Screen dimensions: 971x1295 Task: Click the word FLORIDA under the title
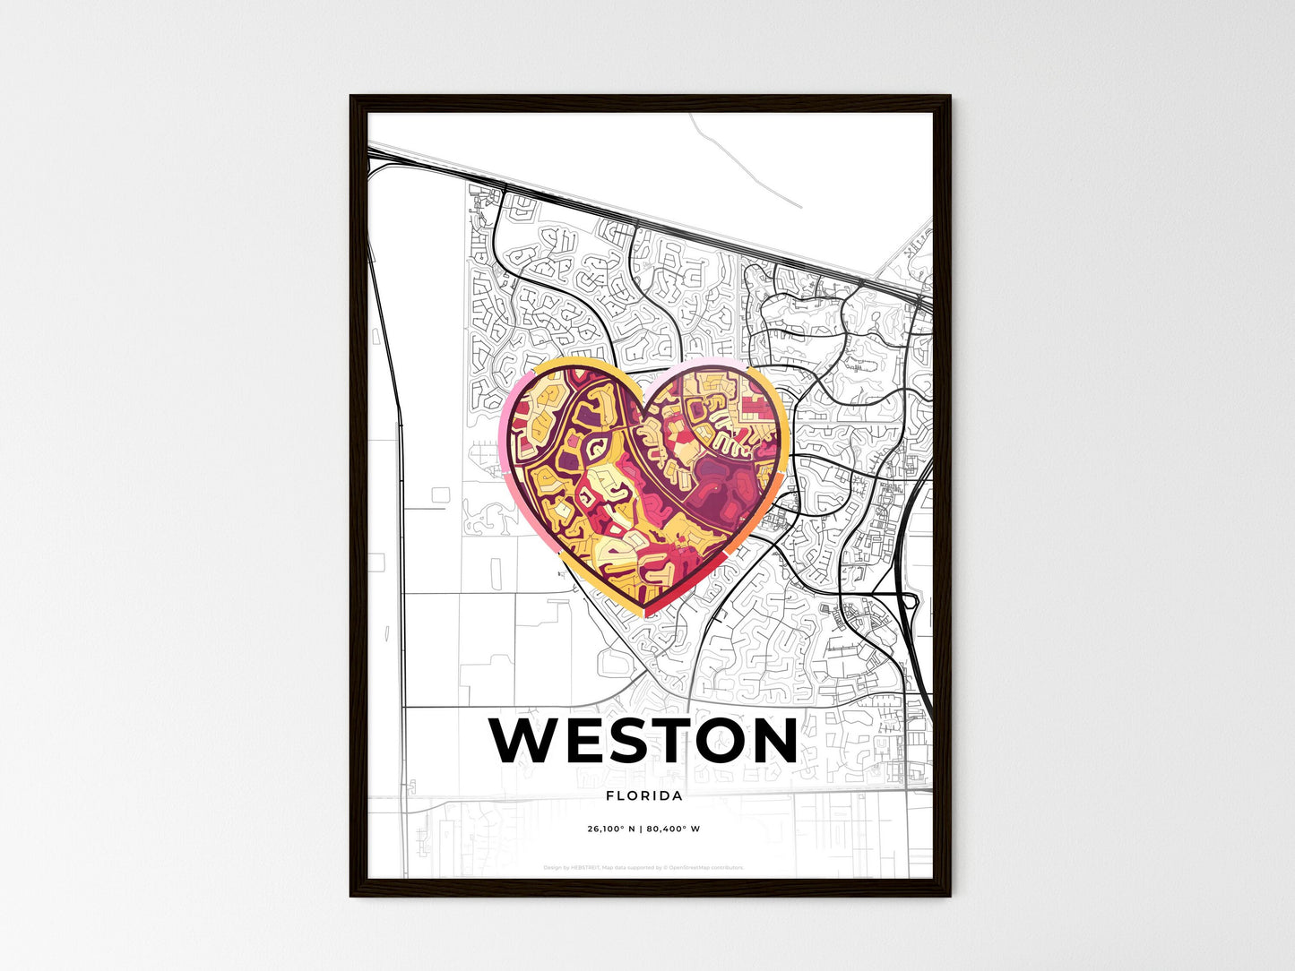(x=644, y=795)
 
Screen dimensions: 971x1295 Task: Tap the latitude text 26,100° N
(x=611, y=829)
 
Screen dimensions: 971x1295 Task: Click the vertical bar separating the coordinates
(x=641, y=829)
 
